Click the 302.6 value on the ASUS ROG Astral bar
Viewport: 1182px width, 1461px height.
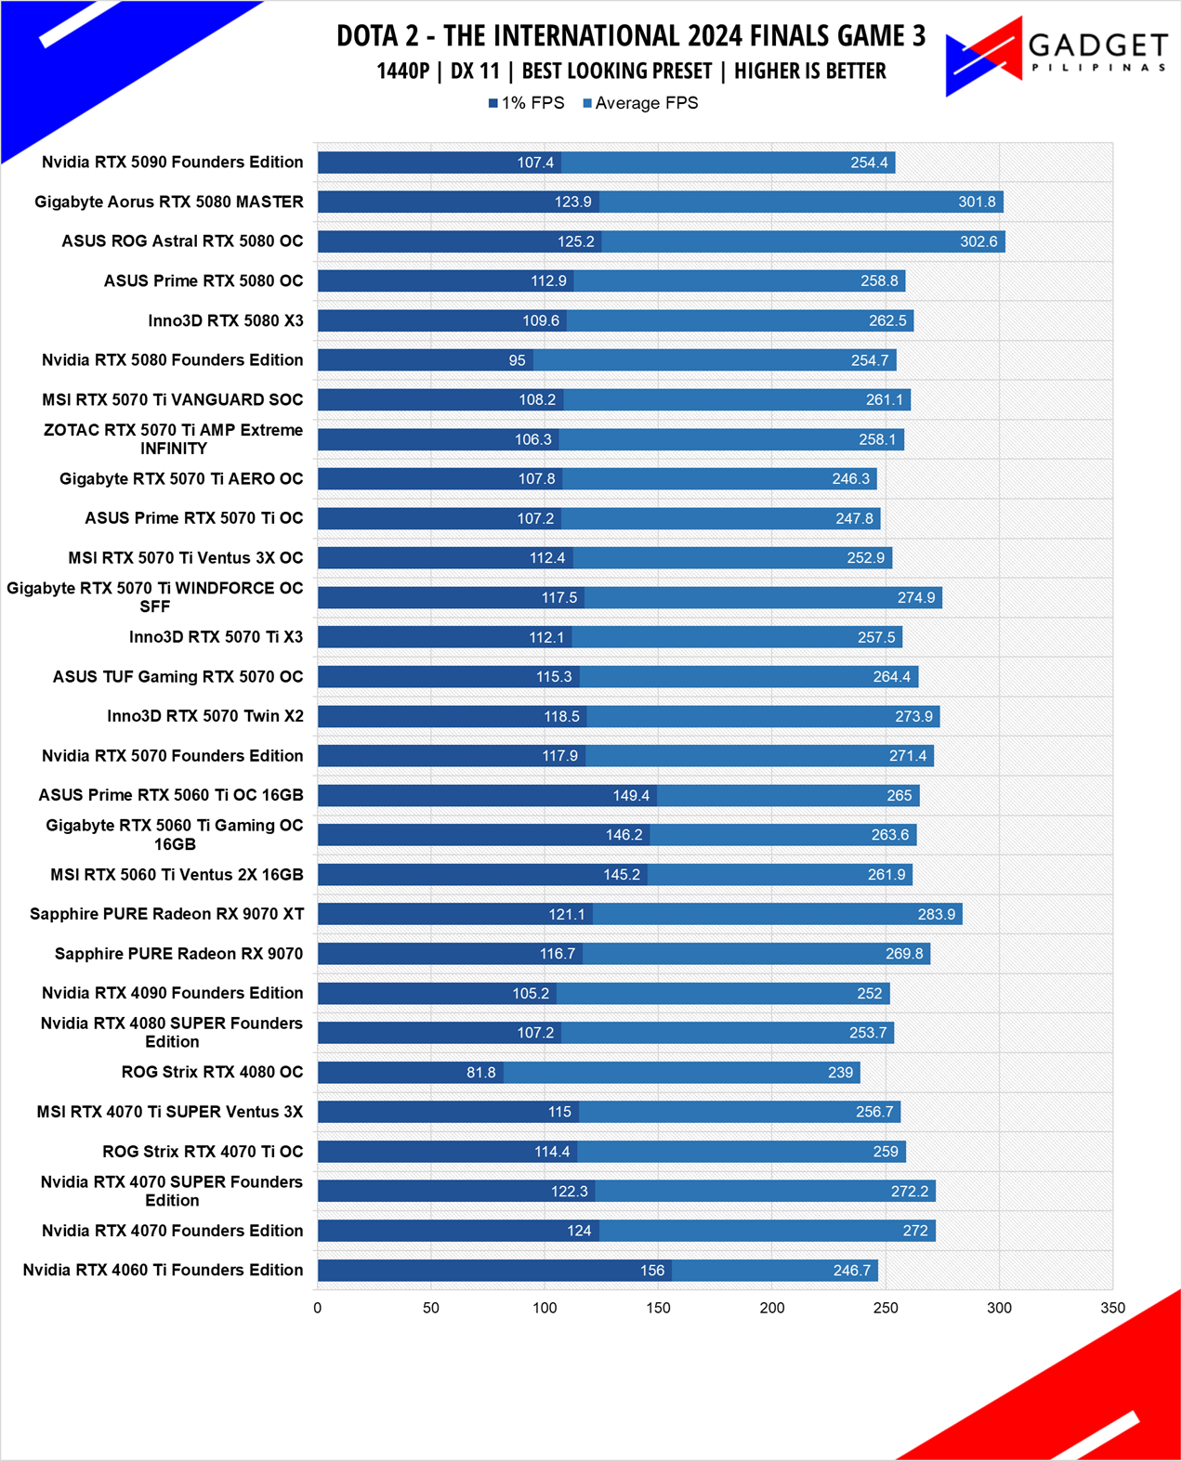[x=978, y=241]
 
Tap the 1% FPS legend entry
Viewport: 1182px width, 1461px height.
[x=526, y=103]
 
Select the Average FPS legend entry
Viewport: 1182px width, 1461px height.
[x=640, y=103]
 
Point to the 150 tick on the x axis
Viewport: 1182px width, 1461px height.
[x=658, y=1308]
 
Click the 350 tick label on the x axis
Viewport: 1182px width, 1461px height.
[x=1112, y=1308]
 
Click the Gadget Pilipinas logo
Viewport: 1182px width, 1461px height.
[x=1057, y=57]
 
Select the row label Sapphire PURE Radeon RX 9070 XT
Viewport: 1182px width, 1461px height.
[x=166, y=914]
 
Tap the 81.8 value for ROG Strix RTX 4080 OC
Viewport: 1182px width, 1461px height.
[x=481, y=1072]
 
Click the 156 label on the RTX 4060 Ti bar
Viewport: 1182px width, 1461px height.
[x=651, y=1271]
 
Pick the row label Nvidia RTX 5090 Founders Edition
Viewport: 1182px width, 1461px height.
[x=172, y=162]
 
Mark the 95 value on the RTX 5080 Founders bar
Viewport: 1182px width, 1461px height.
[x=517, y=360]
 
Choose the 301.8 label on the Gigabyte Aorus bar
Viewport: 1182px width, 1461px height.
[x=977, y=202]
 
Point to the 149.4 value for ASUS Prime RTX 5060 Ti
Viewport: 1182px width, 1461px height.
[x=630, y=796]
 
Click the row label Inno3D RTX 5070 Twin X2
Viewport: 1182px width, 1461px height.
[x=205, y=716]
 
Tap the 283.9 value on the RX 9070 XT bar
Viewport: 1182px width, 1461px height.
[x=937, y=914]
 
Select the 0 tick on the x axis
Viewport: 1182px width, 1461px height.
[x=317, y=1308]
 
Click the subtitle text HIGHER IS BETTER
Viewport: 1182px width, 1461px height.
[x=810, y=71]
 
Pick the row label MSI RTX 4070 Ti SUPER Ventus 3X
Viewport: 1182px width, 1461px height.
[x=169, y=1112]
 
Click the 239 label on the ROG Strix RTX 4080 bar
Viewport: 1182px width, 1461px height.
[x=840, y=1072]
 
